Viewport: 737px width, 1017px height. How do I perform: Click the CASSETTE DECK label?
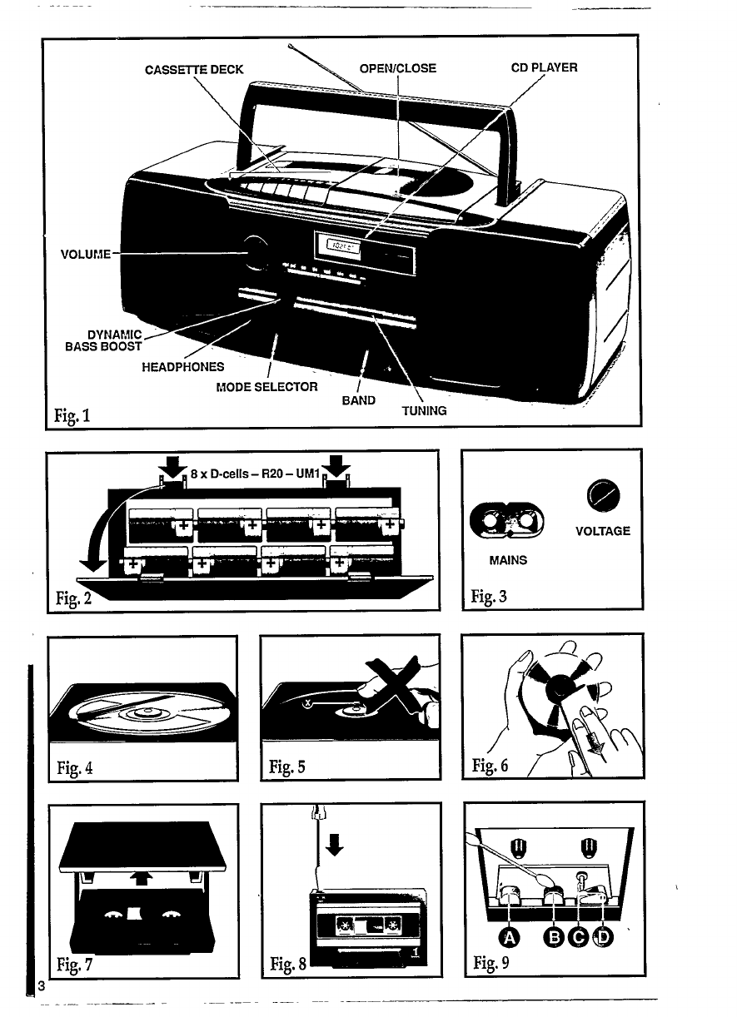(194, 69)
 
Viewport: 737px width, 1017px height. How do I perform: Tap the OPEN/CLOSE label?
(397, 68)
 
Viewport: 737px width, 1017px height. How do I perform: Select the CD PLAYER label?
(543, 67)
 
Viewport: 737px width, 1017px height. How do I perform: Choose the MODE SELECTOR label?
(266, 387)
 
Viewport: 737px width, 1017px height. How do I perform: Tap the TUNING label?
(424, 411)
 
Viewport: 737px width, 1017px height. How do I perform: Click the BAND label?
(359, 399)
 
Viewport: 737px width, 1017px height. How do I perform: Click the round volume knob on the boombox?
(256, 253)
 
